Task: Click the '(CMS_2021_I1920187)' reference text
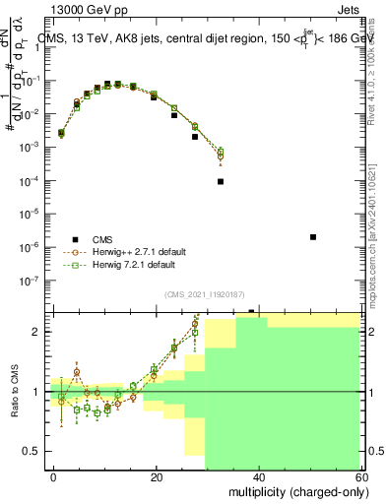[205, 294]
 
